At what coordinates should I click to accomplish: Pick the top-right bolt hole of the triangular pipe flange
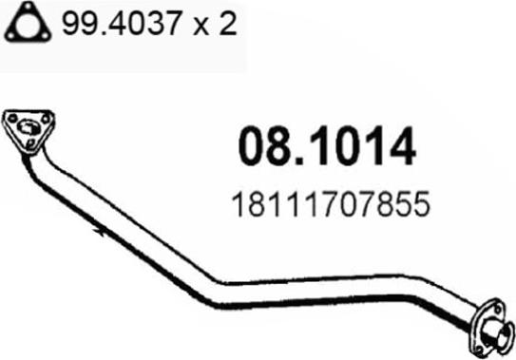(44, 120)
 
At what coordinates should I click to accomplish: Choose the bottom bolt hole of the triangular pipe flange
(30, 145)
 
